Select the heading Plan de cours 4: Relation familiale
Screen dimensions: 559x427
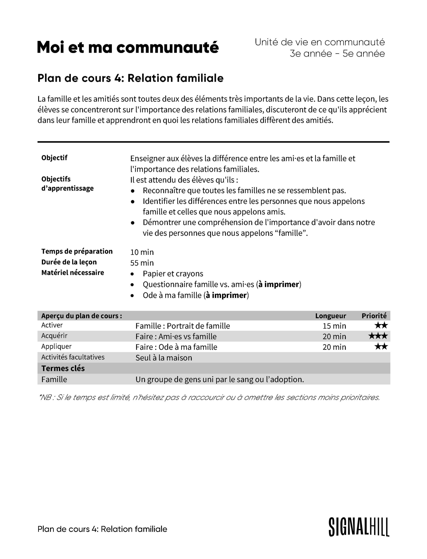click(130, 78)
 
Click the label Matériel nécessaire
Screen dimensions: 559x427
click(73, 273)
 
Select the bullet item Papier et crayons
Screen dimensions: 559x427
click(173, 274)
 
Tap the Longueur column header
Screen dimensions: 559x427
click(330, 316)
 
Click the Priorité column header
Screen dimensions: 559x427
click(374, 316)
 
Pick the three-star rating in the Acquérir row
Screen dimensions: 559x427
click(378, 336)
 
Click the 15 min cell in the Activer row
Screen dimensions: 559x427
click(334, 326)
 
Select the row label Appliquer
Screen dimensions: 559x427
click(56, 347)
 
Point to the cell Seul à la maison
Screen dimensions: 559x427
click(164, 358)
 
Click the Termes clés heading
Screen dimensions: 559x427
click(63, 368)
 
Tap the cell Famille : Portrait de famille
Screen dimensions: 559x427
click(183, 326)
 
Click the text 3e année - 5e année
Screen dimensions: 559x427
click(337, 54)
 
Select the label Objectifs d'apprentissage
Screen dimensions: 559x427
click(67, 183)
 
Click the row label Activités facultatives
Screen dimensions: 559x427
click(73, 357)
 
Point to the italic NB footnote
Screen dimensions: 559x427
click(209, 397)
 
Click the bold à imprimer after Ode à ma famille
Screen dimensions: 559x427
click(226, 295)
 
